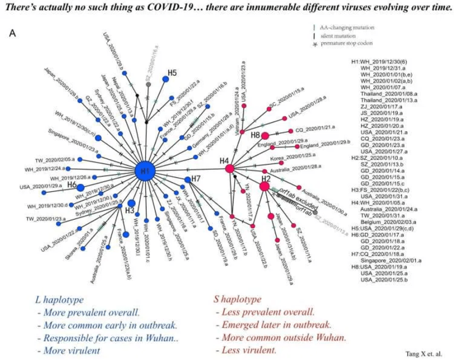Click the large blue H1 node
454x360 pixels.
click(x=145, y=170)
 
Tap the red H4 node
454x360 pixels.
click(x=229, y=169)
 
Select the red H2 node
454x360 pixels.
click(x=265, y=186)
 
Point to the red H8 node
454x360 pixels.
click(x=265, y=135)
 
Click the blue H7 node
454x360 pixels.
click(x=188, y=180)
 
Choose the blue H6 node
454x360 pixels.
click(x=81, y=188)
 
